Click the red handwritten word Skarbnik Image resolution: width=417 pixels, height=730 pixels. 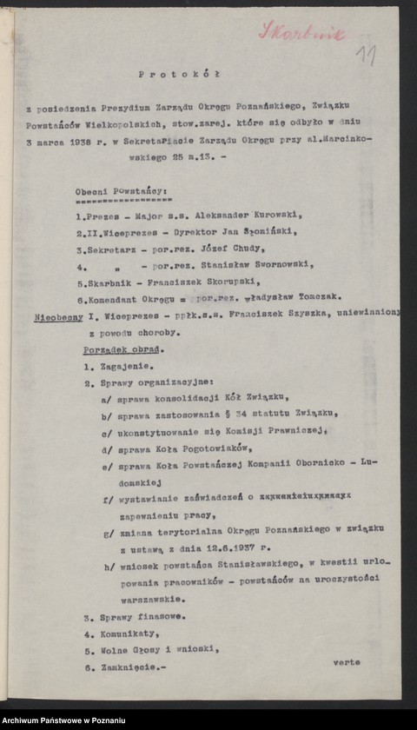(303, 32)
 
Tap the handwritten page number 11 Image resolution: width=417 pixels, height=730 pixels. (366, 57)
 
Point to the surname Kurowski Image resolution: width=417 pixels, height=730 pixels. (246, 213)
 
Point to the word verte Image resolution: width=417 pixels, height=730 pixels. (347, 661)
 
